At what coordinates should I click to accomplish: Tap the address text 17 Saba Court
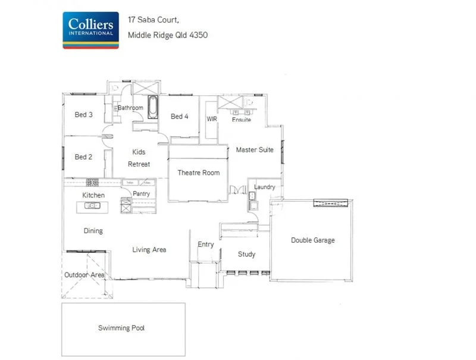pos(158,20)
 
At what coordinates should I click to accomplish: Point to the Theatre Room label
pos(199,173)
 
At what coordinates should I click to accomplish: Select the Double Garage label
pos(312,240)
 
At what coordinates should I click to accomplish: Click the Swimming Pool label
pos(121,328)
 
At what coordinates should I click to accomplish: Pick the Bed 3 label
pos(83,115)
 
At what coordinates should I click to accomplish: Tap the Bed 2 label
pos(83,158)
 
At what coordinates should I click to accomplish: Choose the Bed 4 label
pos(180,117)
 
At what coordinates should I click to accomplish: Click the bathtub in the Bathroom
pos(153,107)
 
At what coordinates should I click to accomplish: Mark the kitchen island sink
pos(93,206)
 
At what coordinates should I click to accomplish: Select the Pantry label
pos(142,194)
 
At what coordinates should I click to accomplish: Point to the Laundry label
pos(264,187)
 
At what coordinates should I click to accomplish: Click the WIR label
pos(212,119)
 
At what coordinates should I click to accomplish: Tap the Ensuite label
pos(242,120)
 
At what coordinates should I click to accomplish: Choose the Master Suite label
pos(255,150)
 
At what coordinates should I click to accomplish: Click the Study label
pos(246,255)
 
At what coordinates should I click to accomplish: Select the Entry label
pos(206,245)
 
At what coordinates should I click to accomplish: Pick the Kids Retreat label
pos(139,158)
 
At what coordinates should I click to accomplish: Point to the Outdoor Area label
pos(85,275)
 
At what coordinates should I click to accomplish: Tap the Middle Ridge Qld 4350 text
pos(168,35)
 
